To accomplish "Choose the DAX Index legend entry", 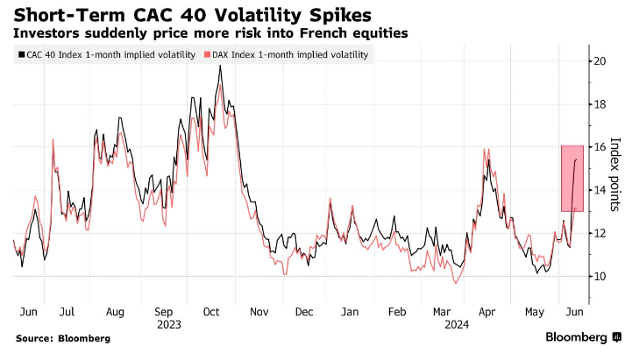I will (x=287, y=54).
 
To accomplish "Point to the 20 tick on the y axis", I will (x=599, y=61).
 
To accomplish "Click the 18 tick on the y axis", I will (x=599, y=104).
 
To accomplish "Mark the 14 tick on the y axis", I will (x=599, y=190).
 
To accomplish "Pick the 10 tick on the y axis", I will (x=599, y=277).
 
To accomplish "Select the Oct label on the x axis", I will (x=211, y=311).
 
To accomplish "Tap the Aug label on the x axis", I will (x=115, y=311).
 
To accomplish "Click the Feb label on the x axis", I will (x=396, y=311).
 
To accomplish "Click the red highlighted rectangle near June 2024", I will (x=572, y=178).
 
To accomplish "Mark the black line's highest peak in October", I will (x=219, y=66).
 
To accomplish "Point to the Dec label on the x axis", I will (x=305, y=311).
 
